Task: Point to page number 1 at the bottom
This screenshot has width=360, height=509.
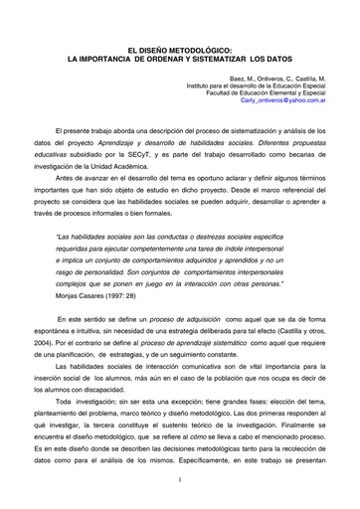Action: coord(178,481)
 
